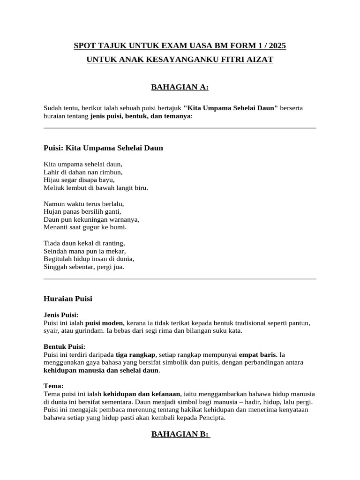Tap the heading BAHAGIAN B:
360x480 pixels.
click(x=180, y=434)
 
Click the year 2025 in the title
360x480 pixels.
click(x=276, y=46)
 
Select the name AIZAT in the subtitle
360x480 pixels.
click(x=259, y=60)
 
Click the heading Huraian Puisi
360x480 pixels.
click(x=67, y=299)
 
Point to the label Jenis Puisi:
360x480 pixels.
click(x=61, y=315)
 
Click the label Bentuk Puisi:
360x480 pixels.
click(x=64, y=346)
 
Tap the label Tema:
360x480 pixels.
click(x=53, y=385)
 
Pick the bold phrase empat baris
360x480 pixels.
click(x=257, y=354)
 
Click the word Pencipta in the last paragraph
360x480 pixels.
click(x=212, y=417)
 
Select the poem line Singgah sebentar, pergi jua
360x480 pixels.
click(x=84, y=267)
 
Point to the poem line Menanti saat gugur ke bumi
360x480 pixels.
click(x=85, y=227)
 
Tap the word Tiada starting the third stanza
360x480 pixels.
click(x=52, y=243)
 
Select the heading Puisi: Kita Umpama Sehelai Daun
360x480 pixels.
click(x=103, y=148)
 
